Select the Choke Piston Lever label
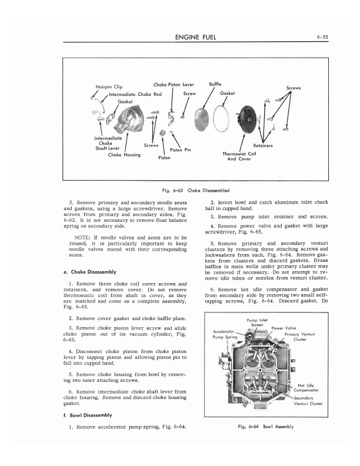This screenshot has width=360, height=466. (169, 85)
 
